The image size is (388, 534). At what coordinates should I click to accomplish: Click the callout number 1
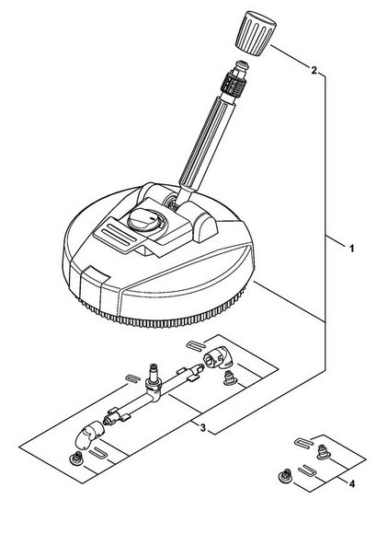click(351, 249)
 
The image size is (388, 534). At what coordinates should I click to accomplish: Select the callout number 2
click(314, 71)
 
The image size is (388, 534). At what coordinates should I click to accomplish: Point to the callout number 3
click(202, 428)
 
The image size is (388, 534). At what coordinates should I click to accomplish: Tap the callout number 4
click(352, 483)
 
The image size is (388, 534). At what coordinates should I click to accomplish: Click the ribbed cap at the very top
click(256, 33)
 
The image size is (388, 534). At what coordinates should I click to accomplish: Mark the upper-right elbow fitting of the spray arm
click(218, 357)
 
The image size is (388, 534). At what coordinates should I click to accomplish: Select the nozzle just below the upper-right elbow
click(230, 378)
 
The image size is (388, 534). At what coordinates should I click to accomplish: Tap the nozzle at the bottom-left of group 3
click(76, 459)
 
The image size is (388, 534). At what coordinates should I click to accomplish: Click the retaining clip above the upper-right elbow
click(196, 344)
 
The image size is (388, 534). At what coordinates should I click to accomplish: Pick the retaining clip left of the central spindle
click(133, 377)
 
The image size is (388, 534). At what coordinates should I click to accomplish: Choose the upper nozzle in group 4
click(323, 452)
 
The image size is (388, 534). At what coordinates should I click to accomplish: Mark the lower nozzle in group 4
click(286, 475)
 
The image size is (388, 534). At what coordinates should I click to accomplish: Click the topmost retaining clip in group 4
click(303, 442)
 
